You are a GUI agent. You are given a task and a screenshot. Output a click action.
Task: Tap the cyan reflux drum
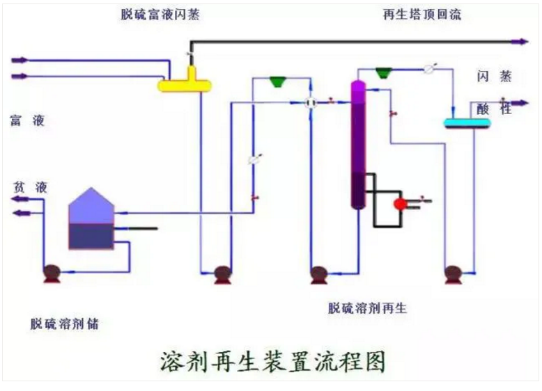[467, 123]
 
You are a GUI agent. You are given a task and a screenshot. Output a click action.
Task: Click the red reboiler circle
[401, 204]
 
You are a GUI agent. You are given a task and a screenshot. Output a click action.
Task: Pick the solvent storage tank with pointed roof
[91, 219]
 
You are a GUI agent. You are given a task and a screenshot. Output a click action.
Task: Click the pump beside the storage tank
[52, 273]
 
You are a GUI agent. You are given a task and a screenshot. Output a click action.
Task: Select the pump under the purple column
[319, 274]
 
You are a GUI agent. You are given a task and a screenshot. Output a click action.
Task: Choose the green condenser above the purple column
[384, 72]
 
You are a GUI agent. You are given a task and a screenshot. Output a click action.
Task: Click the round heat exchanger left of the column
[311, 102]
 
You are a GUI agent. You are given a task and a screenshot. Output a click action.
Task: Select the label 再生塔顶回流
[421, 14]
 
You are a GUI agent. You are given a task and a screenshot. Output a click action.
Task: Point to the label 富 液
[27, 120]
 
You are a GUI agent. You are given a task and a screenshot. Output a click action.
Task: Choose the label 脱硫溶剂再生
[367, 308]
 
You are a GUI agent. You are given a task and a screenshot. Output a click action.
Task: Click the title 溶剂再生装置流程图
[272, 360]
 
